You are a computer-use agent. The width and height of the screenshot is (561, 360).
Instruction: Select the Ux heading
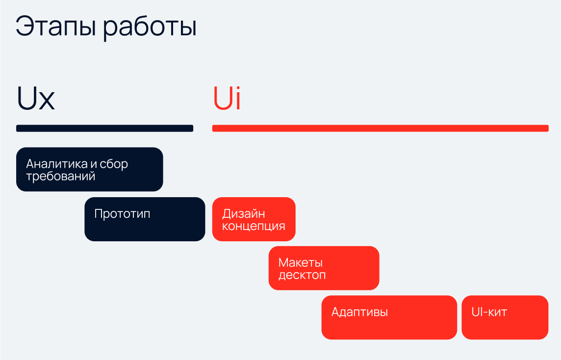tap(36, 98)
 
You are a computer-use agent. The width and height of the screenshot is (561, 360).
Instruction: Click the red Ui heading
tap(227, 97)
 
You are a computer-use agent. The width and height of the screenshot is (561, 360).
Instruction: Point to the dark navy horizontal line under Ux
tap(104, 128)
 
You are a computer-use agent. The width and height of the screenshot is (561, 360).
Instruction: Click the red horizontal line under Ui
tap(381, 128)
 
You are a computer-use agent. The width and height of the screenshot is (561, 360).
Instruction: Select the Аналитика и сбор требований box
tap(89, 169)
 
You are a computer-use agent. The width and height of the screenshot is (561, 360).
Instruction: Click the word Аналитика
tap(57, 164)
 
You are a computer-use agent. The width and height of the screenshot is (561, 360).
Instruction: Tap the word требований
tap(61, 176)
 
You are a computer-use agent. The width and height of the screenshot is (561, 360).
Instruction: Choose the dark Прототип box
tap(145, 219)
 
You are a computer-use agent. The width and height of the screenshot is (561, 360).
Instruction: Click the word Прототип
tap(123, 214)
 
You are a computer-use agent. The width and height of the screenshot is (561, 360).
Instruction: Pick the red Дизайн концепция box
tap(254, 219)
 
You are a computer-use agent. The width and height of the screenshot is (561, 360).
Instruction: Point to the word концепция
tap(254, 226)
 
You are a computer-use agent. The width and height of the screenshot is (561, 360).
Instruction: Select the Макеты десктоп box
tap(324, 268)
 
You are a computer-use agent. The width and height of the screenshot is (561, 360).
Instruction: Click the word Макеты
tap(301, 263)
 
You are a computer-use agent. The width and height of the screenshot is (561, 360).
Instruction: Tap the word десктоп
tap(303, 275)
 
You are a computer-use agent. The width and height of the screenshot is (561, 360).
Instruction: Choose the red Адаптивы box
tap(389, 317)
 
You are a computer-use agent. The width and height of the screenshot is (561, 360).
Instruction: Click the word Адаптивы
tap(359, 312)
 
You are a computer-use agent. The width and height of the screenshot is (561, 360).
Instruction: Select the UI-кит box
tap(505, 317)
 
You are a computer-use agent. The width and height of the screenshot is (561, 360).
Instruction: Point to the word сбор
tap(114, 164)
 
